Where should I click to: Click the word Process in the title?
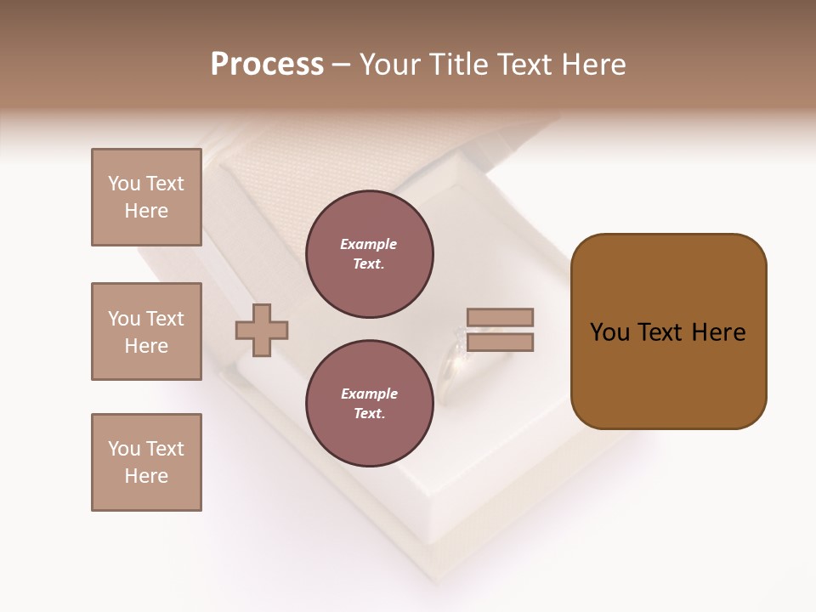pos(267,65)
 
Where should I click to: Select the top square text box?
pos(146,197)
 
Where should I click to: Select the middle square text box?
pos(146,331)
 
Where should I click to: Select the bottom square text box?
pos(146,462)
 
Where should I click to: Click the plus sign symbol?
pos(262,330)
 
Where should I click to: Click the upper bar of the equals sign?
pos(500,317)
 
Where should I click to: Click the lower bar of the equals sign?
pos(500,343)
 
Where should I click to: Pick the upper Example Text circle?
pos(369,254)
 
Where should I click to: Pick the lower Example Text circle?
pos(369,404)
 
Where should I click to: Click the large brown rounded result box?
pos(668,331)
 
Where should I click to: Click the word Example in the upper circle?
pos(369,245)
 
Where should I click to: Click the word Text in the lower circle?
pos(369,414)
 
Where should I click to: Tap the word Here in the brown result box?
pos(718,332)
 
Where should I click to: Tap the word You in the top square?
pos(124,184)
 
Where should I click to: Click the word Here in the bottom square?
pos(146,476)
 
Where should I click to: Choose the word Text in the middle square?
pos(165,319)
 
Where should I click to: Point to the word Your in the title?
pos(391,65)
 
